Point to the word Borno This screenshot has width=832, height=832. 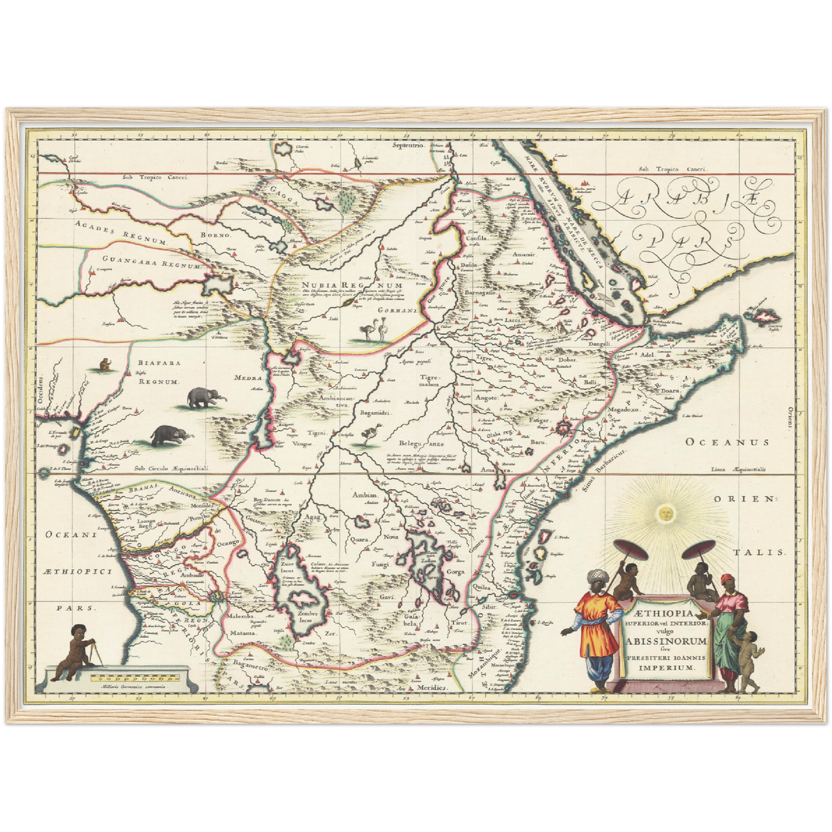[x=215, y=235]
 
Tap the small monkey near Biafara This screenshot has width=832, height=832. [x=105, y=364]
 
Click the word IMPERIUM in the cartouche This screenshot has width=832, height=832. [x=667, y=668]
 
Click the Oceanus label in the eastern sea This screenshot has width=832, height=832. [x=726, y=442]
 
